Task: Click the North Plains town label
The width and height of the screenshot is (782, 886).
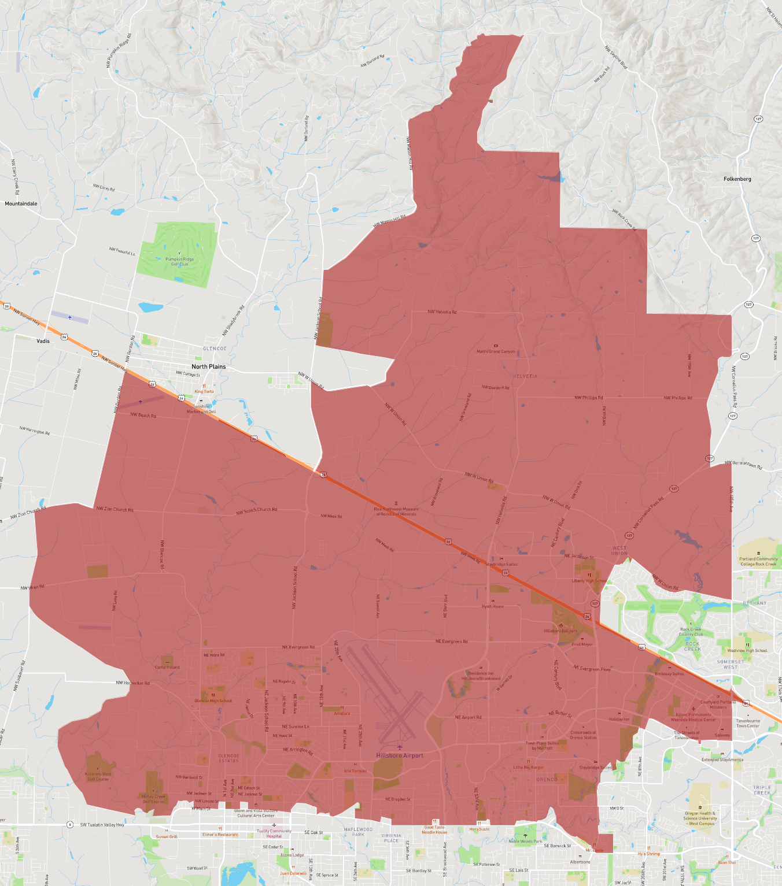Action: (208, 366)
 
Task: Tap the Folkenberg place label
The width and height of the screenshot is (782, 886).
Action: (737, 179)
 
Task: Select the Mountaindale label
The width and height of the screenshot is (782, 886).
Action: (21, 203)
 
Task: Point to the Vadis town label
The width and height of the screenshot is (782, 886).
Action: (43, 341)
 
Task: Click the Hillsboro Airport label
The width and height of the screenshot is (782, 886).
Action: (400, 755)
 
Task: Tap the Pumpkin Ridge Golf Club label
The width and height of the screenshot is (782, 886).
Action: (179, 262)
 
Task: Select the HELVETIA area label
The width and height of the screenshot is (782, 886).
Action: (525, 376)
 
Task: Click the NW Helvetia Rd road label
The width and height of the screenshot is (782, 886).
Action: (442, 312)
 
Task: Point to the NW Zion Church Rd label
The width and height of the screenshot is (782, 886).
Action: (115, 509)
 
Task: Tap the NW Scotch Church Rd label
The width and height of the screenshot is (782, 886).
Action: (256, 510)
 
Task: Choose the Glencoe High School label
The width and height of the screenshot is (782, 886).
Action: (213, 700)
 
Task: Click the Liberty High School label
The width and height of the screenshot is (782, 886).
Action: (589, 581)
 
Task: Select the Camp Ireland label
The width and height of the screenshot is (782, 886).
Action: (167, 667)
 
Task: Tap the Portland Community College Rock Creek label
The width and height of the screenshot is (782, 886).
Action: (758, 561)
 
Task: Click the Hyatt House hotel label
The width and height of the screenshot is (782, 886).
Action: (493, 606)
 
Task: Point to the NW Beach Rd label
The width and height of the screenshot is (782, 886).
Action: (143, 415)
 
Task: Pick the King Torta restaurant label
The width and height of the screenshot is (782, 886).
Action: (204, 391)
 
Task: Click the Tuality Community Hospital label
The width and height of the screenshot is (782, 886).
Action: (274, 833)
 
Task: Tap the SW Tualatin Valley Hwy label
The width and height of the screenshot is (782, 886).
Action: (102, 825)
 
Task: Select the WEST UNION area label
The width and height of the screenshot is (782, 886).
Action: (619, 550)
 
